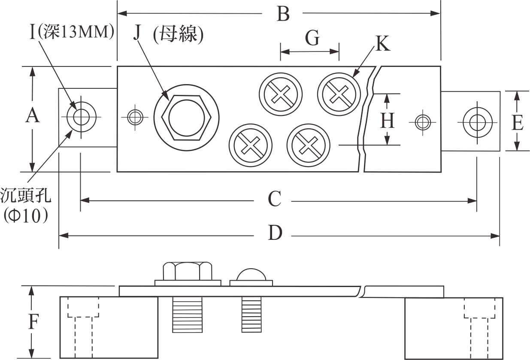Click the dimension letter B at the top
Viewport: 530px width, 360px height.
point(283,14)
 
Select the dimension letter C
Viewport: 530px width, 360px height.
point(275,199)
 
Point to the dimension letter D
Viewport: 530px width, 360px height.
point(275,233)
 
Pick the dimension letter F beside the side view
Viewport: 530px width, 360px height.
point(33,321)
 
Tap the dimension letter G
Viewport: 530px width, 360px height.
point(312,38)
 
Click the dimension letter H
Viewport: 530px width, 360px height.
point(388,121)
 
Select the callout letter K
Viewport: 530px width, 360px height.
point(383,43)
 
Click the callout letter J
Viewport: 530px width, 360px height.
point(137,33)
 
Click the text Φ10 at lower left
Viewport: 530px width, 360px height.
point(26,215)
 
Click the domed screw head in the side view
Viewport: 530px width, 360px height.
point(251,275)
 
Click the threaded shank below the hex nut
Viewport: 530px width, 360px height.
point(188,315)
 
